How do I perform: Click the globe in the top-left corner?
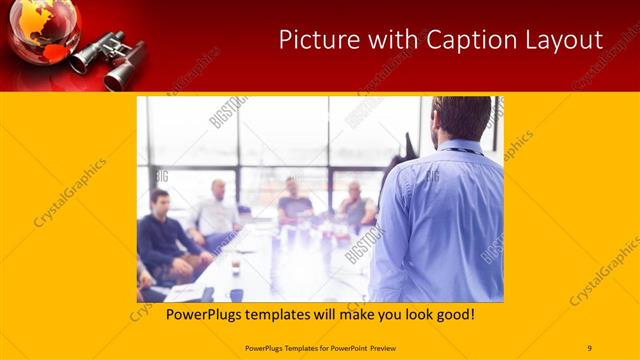42,28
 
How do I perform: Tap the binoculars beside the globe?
112,58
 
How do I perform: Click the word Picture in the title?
312,40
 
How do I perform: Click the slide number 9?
589,347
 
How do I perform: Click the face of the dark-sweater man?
159,200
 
